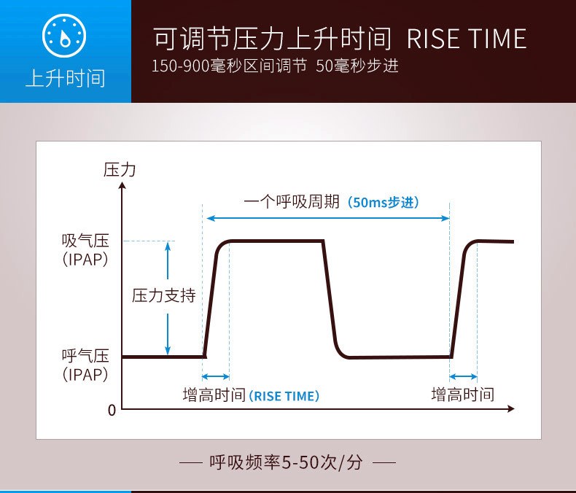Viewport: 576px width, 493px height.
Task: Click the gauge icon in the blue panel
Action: pos(64,36)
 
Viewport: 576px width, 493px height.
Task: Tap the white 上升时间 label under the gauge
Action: pos(66,79)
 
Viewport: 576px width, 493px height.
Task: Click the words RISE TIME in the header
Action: pos(467,39)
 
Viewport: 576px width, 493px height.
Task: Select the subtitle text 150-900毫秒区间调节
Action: pos(230,66)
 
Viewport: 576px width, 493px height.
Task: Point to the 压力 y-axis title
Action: pos(120,170)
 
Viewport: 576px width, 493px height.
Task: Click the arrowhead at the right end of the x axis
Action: pos(510,408)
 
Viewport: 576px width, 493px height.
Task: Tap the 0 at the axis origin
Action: pos(112,411)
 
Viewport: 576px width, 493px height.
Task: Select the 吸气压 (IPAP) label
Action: pos(85,250)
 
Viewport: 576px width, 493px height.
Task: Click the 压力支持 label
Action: pos(164,295)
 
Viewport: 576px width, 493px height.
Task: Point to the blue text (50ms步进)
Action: pos(383,203)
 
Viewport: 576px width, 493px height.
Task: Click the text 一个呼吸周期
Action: pos(292,202)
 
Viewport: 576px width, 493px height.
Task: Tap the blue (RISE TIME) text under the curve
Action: pos(284,396)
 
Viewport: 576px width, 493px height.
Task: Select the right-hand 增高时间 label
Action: pos(463,395)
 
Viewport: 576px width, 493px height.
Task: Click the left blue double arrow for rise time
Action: pos(216,376)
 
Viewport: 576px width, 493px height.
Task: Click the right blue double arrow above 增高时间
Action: pos(463,376)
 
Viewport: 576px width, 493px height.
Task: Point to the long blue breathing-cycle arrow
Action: pos(328,218)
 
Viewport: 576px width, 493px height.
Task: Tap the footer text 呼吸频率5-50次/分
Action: pos(286,462)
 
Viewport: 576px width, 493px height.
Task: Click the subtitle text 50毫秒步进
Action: pos(357,66)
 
